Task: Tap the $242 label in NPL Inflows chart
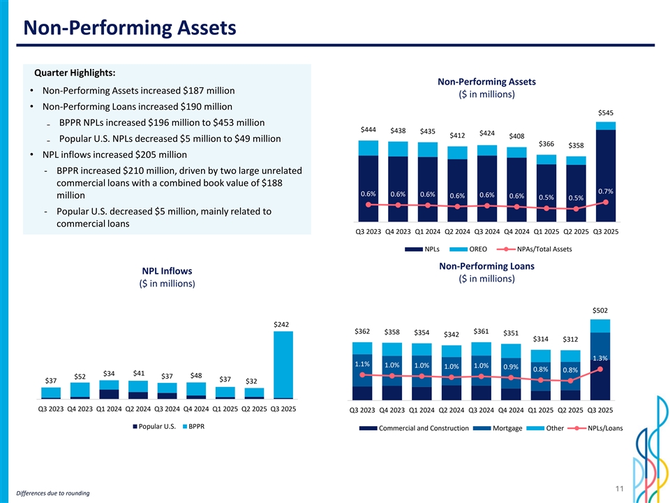point(282,323)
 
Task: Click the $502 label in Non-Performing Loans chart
point(600,310)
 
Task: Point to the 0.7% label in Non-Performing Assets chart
point(606,191)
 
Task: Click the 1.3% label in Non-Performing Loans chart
point(600,358)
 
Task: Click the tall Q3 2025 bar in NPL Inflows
point(283,363)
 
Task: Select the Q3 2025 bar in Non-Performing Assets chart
point(606,171)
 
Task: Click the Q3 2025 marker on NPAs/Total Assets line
point(606,203)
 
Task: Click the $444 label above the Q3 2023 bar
point(368,130)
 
